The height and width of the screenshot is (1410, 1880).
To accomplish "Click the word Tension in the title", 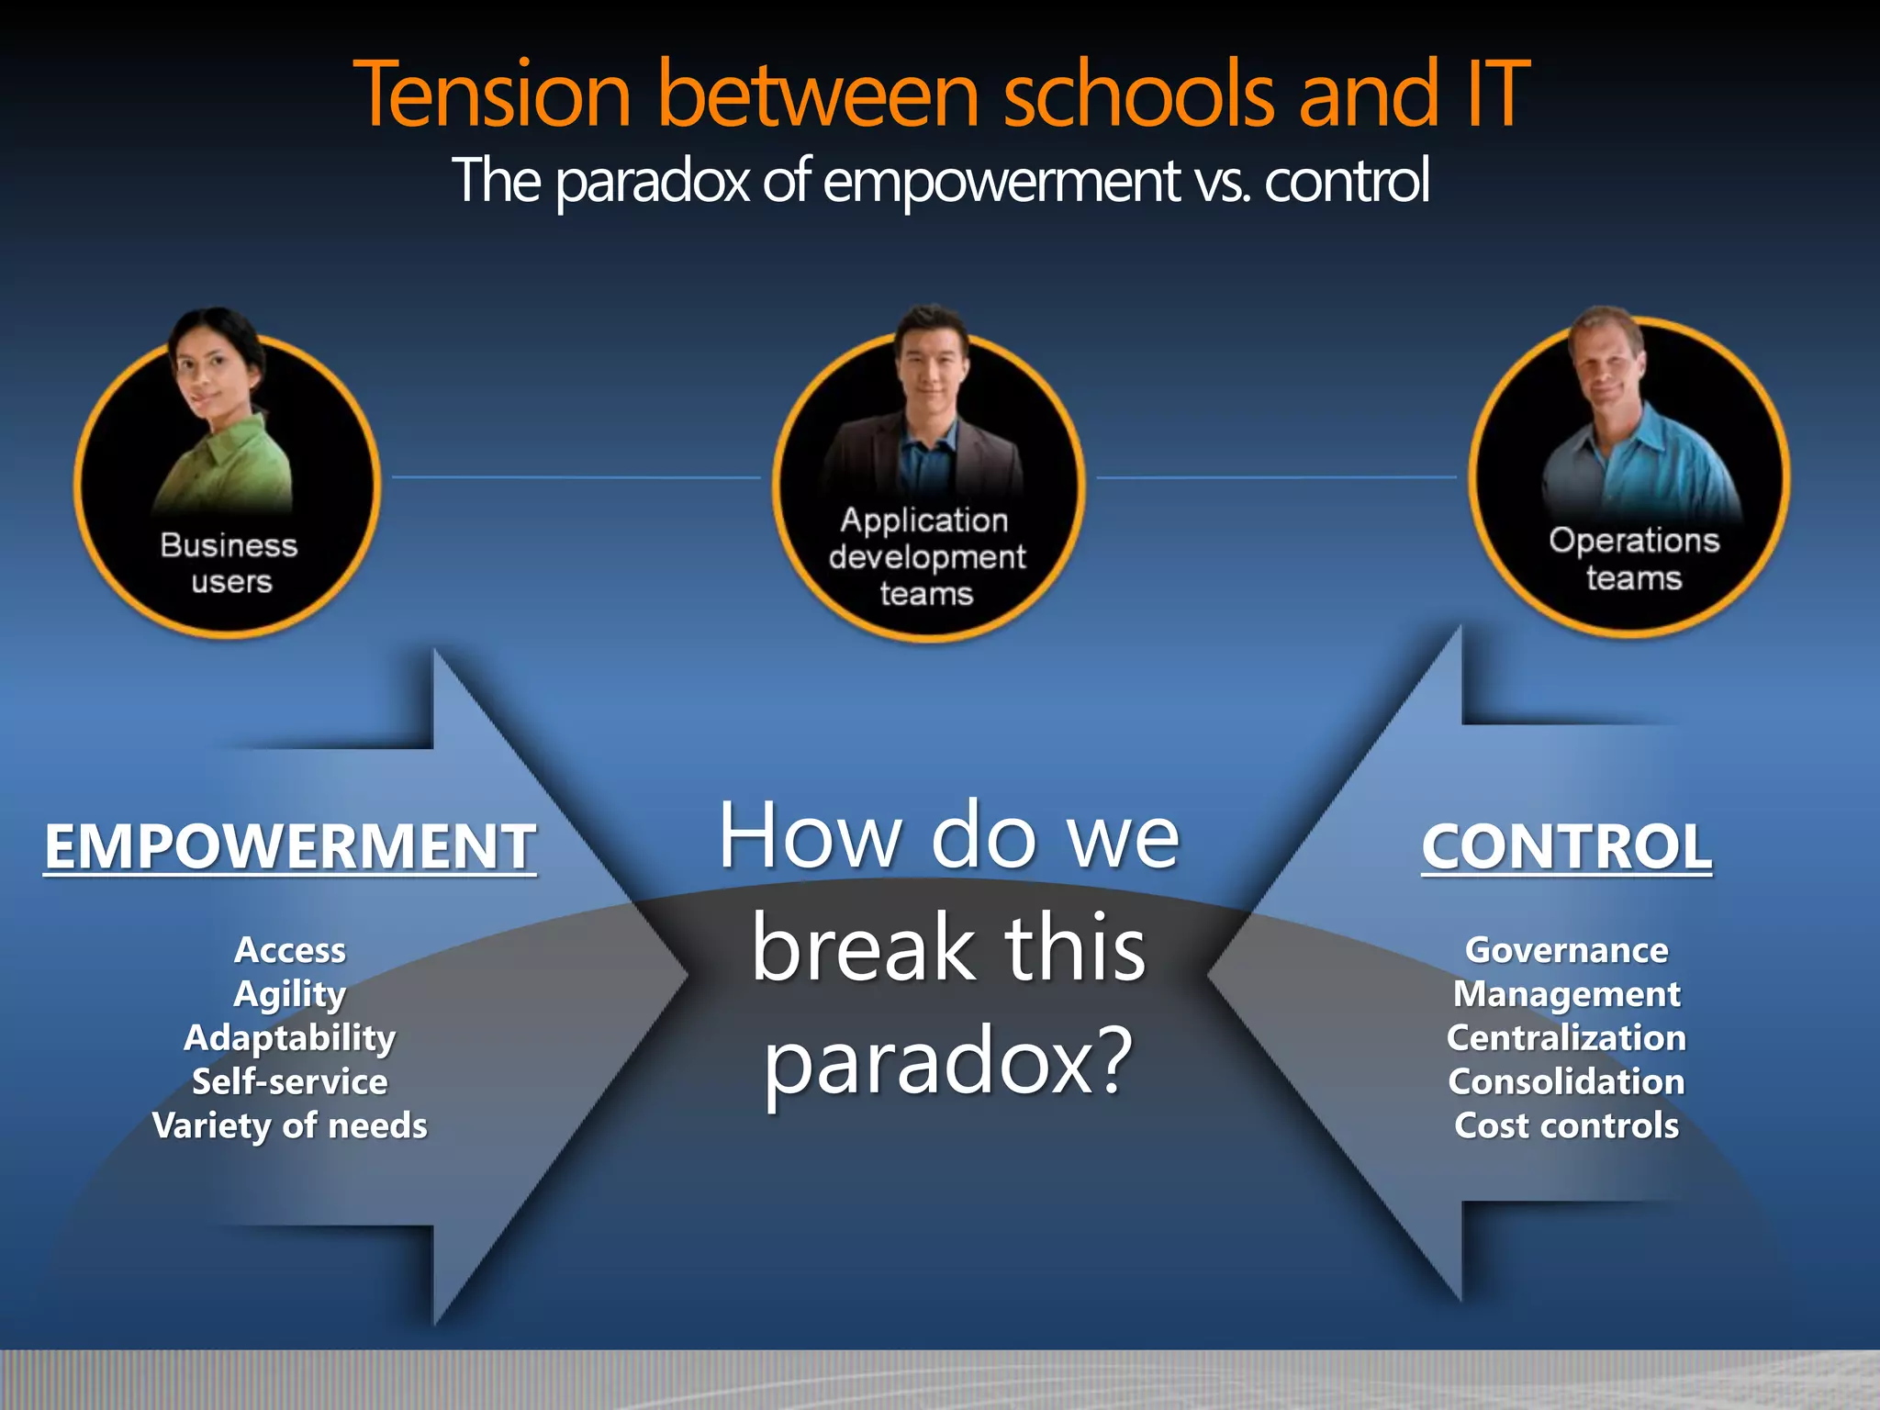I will tap(492, 95).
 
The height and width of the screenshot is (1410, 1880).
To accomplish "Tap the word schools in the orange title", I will tap(1138, 95).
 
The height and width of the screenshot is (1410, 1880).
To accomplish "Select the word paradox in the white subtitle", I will tap(653, 181).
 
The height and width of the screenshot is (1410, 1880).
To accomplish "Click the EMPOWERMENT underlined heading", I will tap(290, 846).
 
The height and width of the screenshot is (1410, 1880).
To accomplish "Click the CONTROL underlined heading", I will tap(1566, 846).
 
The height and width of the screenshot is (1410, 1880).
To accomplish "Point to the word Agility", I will tap(290, 994).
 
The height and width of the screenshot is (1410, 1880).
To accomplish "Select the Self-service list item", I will tap(290, 1081).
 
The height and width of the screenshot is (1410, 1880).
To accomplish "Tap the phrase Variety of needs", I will tap(290, 1125).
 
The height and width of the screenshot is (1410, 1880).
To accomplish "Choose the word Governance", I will tap(1566, 950).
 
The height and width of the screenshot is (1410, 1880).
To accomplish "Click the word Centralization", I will tap(1566, 1038).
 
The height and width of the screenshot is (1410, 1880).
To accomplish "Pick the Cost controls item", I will tap(1566, 1125).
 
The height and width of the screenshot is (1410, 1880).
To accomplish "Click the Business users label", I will tap(229, 563).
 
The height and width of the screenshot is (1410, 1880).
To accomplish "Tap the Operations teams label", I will tap(1634, 558).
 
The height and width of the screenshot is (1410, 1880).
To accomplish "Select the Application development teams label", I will tap(926, 556).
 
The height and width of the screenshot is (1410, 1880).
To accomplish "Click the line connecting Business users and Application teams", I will tap(576, 477).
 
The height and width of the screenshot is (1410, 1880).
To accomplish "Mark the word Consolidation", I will tap(1566, 1081).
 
